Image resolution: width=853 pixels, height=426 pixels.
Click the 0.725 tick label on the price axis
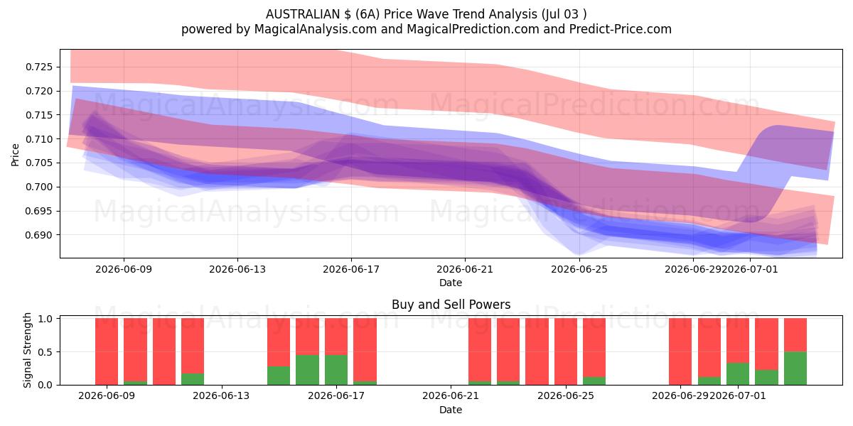point(39,67)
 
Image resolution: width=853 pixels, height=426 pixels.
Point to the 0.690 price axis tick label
point(39,235)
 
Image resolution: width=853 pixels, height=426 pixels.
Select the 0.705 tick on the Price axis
point(39,163)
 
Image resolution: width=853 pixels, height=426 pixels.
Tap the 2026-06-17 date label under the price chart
point(351,269)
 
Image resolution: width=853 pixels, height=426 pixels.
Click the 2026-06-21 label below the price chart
point(465,269)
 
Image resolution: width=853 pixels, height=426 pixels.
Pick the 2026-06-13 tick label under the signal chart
point(221,395)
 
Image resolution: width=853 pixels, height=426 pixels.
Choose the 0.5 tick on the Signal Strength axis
point(45,352)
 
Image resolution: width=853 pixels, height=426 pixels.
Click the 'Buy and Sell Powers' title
point(451,305)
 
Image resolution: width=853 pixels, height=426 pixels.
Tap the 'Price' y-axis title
point(15,155)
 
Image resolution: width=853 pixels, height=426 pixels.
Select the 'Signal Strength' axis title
point(27,350)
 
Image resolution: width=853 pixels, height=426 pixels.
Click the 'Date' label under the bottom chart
point(451,410)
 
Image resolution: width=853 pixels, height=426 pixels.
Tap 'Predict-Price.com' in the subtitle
point(621,29)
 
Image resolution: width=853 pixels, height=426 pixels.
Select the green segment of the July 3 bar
point(795,368)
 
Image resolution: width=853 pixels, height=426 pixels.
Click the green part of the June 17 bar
point(336,370)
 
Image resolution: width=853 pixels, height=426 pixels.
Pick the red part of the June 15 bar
point(279,342)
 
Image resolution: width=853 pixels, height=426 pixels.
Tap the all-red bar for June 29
point(680,351)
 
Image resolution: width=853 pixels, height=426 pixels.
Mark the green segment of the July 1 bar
point(738,374)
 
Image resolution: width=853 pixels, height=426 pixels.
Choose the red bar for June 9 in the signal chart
point(107,351)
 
